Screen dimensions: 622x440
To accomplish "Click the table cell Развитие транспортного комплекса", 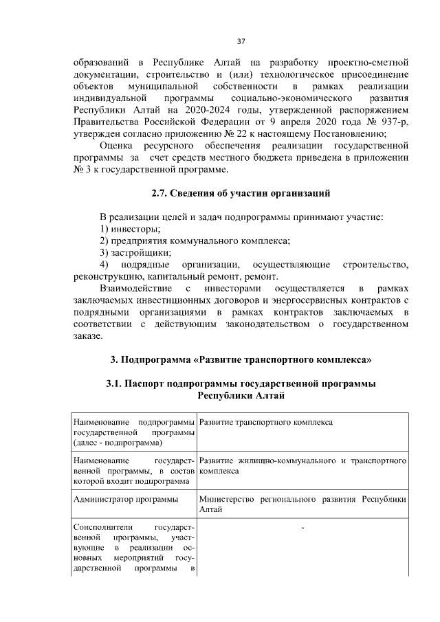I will (266, 421).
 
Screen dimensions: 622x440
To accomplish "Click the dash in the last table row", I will (302, 528).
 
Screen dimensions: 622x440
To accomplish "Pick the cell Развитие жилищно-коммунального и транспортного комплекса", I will (302, 466).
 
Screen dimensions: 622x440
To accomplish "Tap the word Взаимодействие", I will (135, 288).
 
